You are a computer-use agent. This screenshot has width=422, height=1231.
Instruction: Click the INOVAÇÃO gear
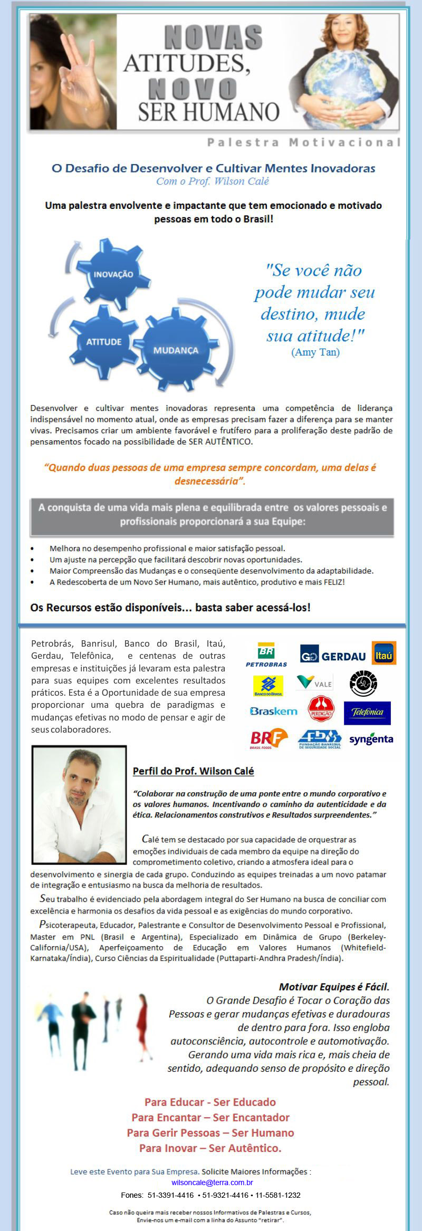coord(113,274)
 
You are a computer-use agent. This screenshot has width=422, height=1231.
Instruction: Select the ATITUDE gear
coord(104,341)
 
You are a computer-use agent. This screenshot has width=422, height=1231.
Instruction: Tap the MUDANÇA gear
coord(176,350)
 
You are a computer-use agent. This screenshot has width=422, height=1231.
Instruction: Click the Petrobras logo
coord(266,655)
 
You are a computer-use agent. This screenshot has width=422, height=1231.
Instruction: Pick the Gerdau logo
coord(333,656)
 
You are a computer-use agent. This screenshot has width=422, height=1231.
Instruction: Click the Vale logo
coord(314,682)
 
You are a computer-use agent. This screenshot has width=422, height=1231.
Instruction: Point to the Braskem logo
coord(273,711)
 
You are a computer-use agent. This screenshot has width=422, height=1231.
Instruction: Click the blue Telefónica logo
coord(367,713)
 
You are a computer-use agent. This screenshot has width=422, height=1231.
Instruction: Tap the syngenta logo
coord(371,739)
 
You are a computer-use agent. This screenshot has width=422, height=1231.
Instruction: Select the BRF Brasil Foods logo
coord(268,738)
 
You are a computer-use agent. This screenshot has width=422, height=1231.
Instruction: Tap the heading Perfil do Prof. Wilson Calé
coord(193,771)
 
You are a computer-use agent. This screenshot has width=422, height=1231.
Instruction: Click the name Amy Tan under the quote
coord(315,352)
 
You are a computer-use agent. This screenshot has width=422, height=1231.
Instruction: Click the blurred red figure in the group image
coord(142,1025)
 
